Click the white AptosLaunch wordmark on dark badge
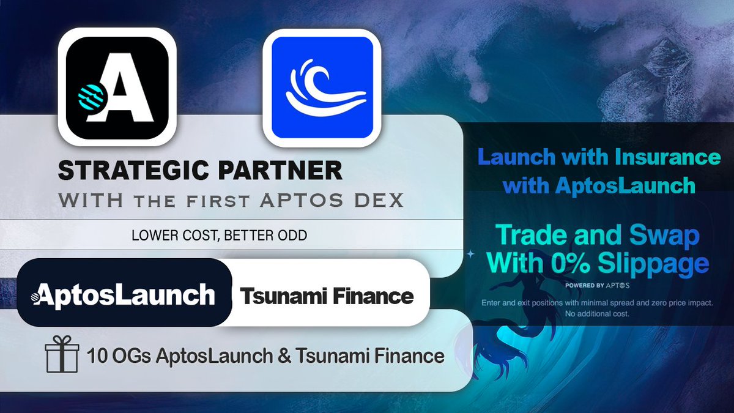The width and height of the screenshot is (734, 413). pos(124,295)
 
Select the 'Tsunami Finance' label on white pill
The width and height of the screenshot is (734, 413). pos(327,297)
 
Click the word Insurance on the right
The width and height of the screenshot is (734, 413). pos(672,158)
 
